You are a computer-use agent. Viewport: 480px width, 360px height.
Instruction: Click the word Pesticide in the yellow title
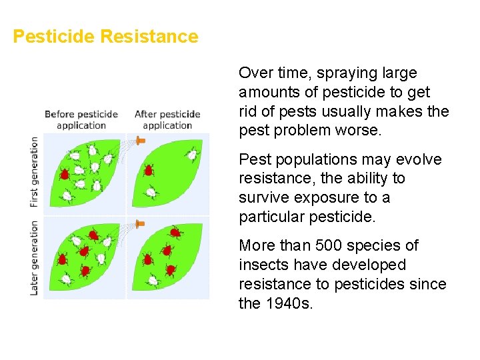(x=54, y=36)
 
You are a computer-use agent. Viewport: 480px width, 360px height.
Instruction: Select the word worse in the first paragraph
(x=362, y=130)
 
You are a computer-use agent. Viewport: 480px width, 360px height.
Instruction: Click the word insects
(x=263, y=265)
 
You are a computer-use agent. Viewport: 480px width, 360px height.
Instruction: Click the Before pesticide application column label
(x=81, y=119)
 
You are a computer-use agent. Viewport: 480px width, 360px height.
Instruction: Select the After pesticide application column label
(x=167, y=119)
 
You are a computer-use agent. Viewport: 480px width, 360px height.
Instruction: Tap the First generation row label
(x=35, y=171)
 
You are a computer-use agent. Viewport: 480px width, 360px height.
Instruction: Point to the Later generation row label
(x=35, y=258)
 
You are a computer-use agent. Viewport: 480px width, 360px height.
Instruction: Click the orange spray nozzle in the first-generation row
(x=140, y=140)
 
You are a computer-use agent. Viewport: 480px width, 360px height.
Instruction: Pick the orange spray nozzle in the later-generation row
(x=140, y=223)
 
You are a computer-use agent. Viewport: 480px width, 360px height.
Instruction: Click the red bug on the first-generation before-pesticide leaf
(x=65, y=174)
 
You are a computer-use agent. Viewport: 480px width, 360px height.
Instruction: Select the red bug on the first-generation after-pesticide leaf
(x=149, y=170)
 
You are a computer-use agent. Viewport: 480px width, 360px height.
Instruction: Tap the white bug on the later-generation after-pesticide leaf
(x=153, y=281)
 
